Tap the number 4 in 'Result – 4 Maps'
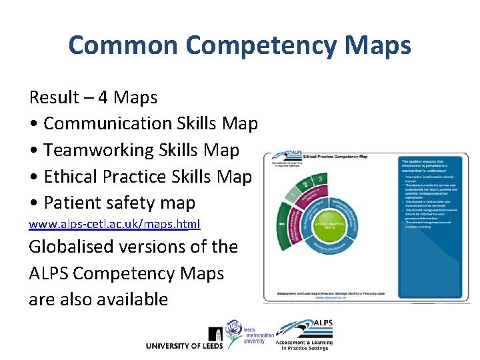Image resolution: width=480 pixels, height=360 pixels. (103, 97)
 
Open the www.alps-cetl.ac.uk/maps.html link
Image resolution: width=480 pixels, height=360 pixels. (114, 225)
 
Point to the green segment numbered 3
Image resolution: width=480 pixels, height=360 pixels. (322, 179)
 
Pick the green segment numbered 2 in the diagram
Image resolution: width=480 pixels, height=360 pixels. (305, 185)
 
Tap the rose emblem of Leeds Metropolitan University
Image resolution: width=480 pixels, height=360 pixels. (235, 329)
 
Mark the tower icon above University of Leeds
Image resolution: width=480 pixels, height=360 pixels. (216, 333)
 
